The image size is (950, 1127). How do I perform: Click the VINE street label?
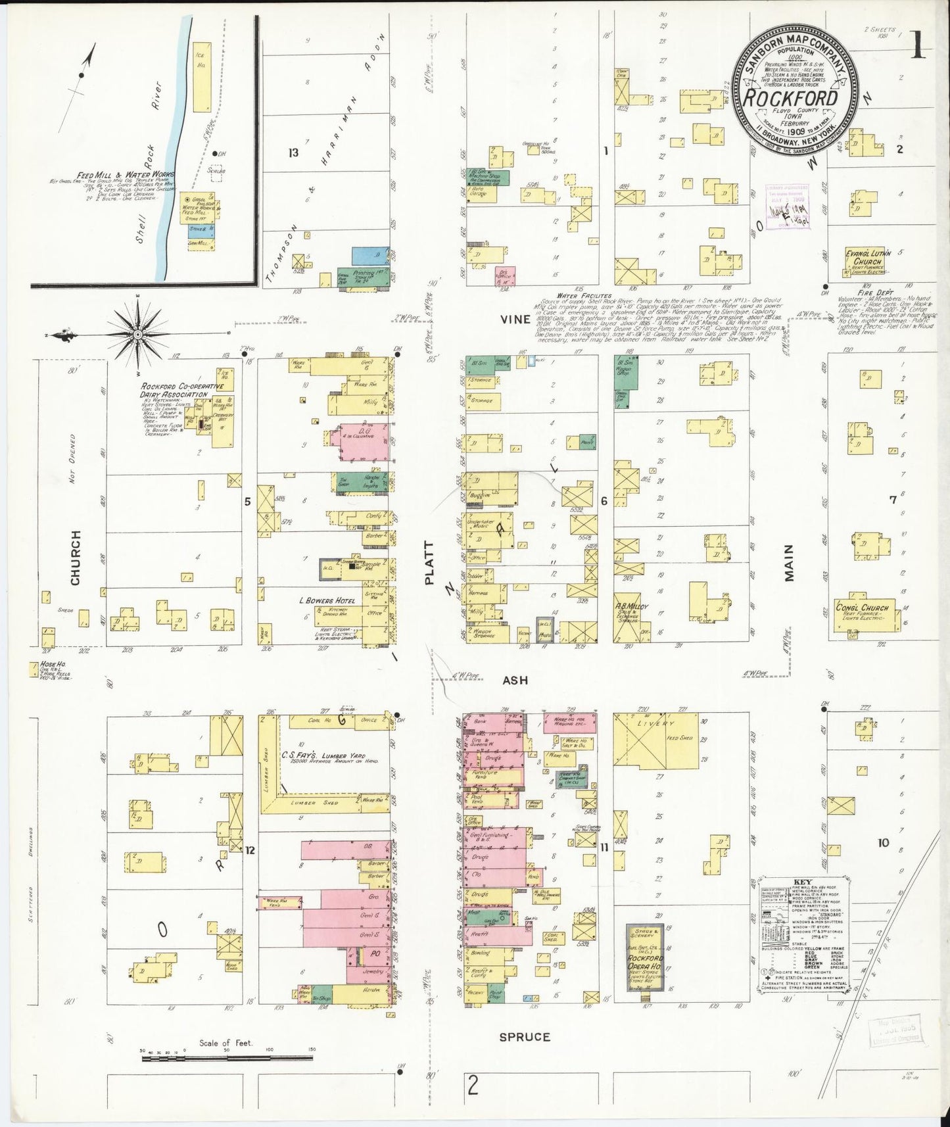[515, 320]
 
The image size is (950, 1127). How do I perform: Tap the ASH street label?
[515, 681]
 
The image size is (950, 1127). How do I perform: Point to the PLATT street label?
[430, 563]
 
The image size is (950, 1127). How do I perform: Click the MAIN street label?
[789, 563]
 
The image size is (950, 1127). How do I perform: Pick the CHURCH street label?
[75, 558]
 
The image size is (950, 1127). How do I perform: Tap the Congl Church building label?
[861, 608]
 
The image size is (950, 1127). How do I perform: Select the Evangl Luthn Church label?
[863, 257]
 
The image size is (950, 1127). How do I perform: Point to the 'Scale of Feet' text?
[226, 1043]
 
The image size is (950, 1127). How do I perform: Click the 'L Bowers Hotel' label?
[327, 600]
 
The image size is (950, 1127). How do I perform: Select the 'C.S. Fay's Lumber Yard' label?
[323, 756]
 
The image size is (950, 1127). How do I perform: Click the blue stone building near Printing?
[370, 256]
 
